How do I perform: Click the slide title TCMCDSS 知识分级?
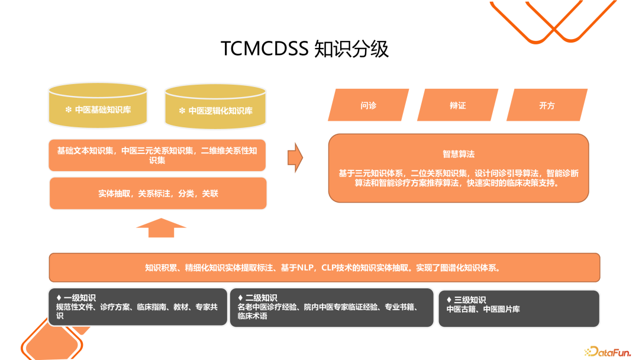[x=305, y=49]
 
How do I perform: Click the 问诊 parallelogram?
[x=368, y=105]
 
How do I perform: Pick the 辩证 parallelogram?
[x=457, y=105]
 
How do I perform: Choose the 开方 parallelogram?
[x=547, y=105]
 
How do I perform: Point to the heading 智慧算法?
[x=459, y=154]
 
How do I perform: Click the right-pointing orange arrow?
[x=295, y=157]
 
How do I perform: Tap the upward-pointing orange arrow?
[x=161, y=227]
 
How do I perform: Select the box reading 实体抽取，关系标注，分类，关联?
[x=158, y=193]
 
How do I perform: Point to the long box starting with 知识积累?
[x=324, y=268]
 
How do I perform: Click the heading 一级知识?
[x=79, y=298]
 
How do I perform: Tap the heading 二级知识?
[x=261, y=298]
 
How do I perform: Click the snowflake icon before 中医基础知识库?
[x=68, y=110]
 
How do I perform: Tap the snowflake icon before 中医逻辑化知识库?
[x=182, y=111]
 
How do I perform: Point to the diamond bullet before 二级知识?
[x=240, y=298]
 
